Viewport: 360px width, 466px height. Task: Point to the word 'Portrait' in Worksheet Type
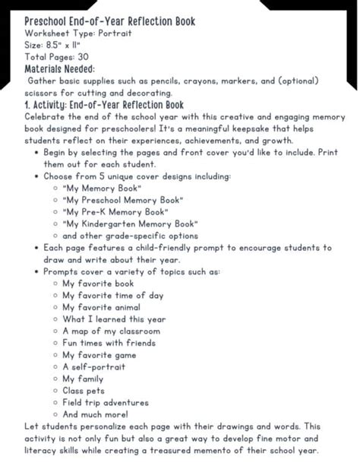click(x=115, y=34)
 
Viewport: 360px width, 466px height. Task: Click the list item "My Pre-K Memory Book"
click(x=125, y=211)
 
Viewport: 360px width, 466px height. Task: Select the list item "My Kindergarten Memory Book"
click(x=141, y=223)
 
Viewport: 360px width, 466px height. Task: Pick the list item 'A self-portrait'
click(x=98, y=366)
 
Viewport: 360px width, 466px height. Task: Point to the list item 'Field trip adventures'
click(x=111, y=403)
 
